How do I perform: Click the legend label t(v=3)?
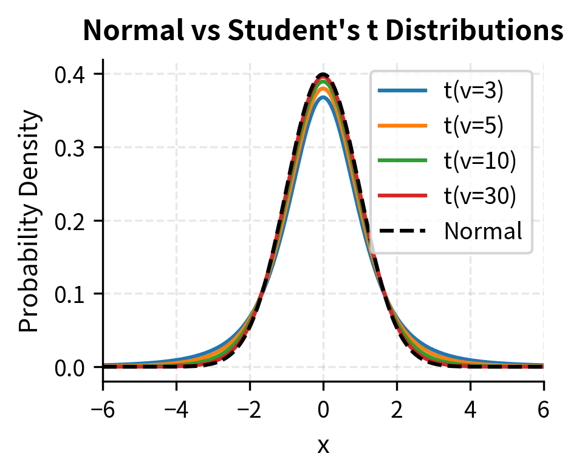pos(473,92)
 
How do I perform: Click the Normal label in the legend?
pos(483,231)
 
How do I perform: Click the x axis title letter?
pos(323,447)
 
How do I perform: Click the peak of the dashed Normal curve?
pos(323,75)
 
